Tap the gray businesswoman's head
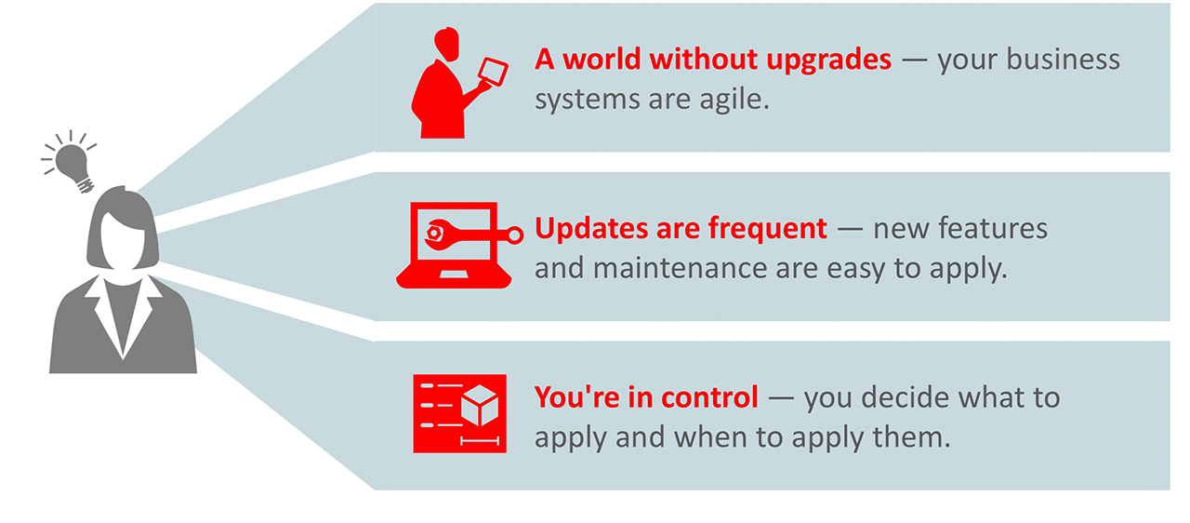coord(123,229)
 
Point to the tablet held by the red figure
coord(493,72)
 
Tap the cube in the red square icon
coord(479,406)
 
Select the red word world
coord(602,59)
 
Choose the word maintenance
coord(680,268)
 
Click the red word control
coord(709,397)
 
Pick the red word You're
coord(576,397)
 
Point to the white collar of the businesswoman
coord(124,316)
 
